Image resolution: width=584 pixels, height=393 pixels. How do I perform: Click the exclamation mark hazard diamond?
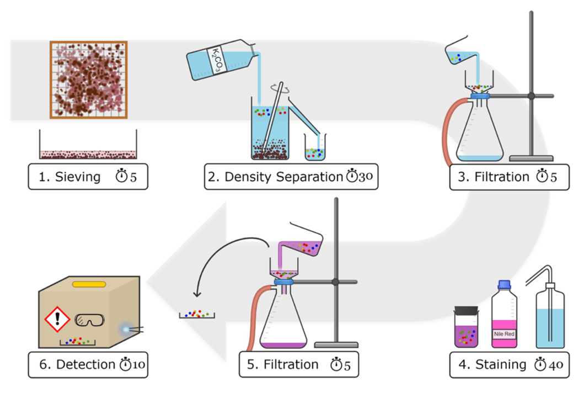pyautogui.click(x=56, y=318)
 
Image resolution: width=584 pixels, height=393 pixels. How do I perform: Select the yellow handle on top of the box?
pyautogui.click(x=89, y=284)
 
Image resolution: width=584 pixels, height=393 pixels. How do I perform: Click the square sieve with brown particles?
pyautogui.click(x=89, y=79)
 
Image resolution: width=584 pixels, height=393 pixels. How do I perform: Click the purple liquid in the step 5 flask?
pyautogui.click(x=281, y=346)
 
